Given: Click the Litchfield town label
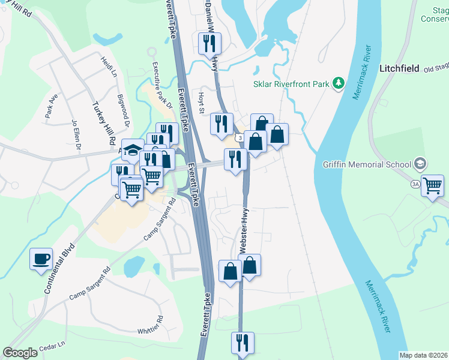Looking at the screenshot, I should click(399, 68).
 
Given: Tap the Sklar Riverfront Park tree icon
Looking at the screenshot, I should click(338, 83).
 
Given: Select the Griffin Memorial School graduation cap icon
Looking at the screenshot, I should click(420, 164).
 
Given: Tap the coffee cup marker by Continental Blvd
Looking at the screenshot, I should click(41, 259).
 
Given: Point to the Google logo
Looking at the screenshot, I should click(20, 352).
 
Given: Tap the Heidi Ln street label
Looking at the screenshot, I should click(109, 66).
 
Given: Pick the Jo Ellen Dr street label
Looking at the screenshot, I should click(76, 132).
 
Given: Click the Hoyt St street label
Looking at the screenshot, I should click(201, 102).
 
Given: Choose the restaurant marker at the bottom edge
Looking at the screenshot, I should click(243, 343).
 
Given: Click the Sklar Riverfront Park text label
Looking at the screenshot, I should click(292, 84).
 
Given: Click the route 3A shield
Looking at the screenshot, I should click(415, 184).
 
